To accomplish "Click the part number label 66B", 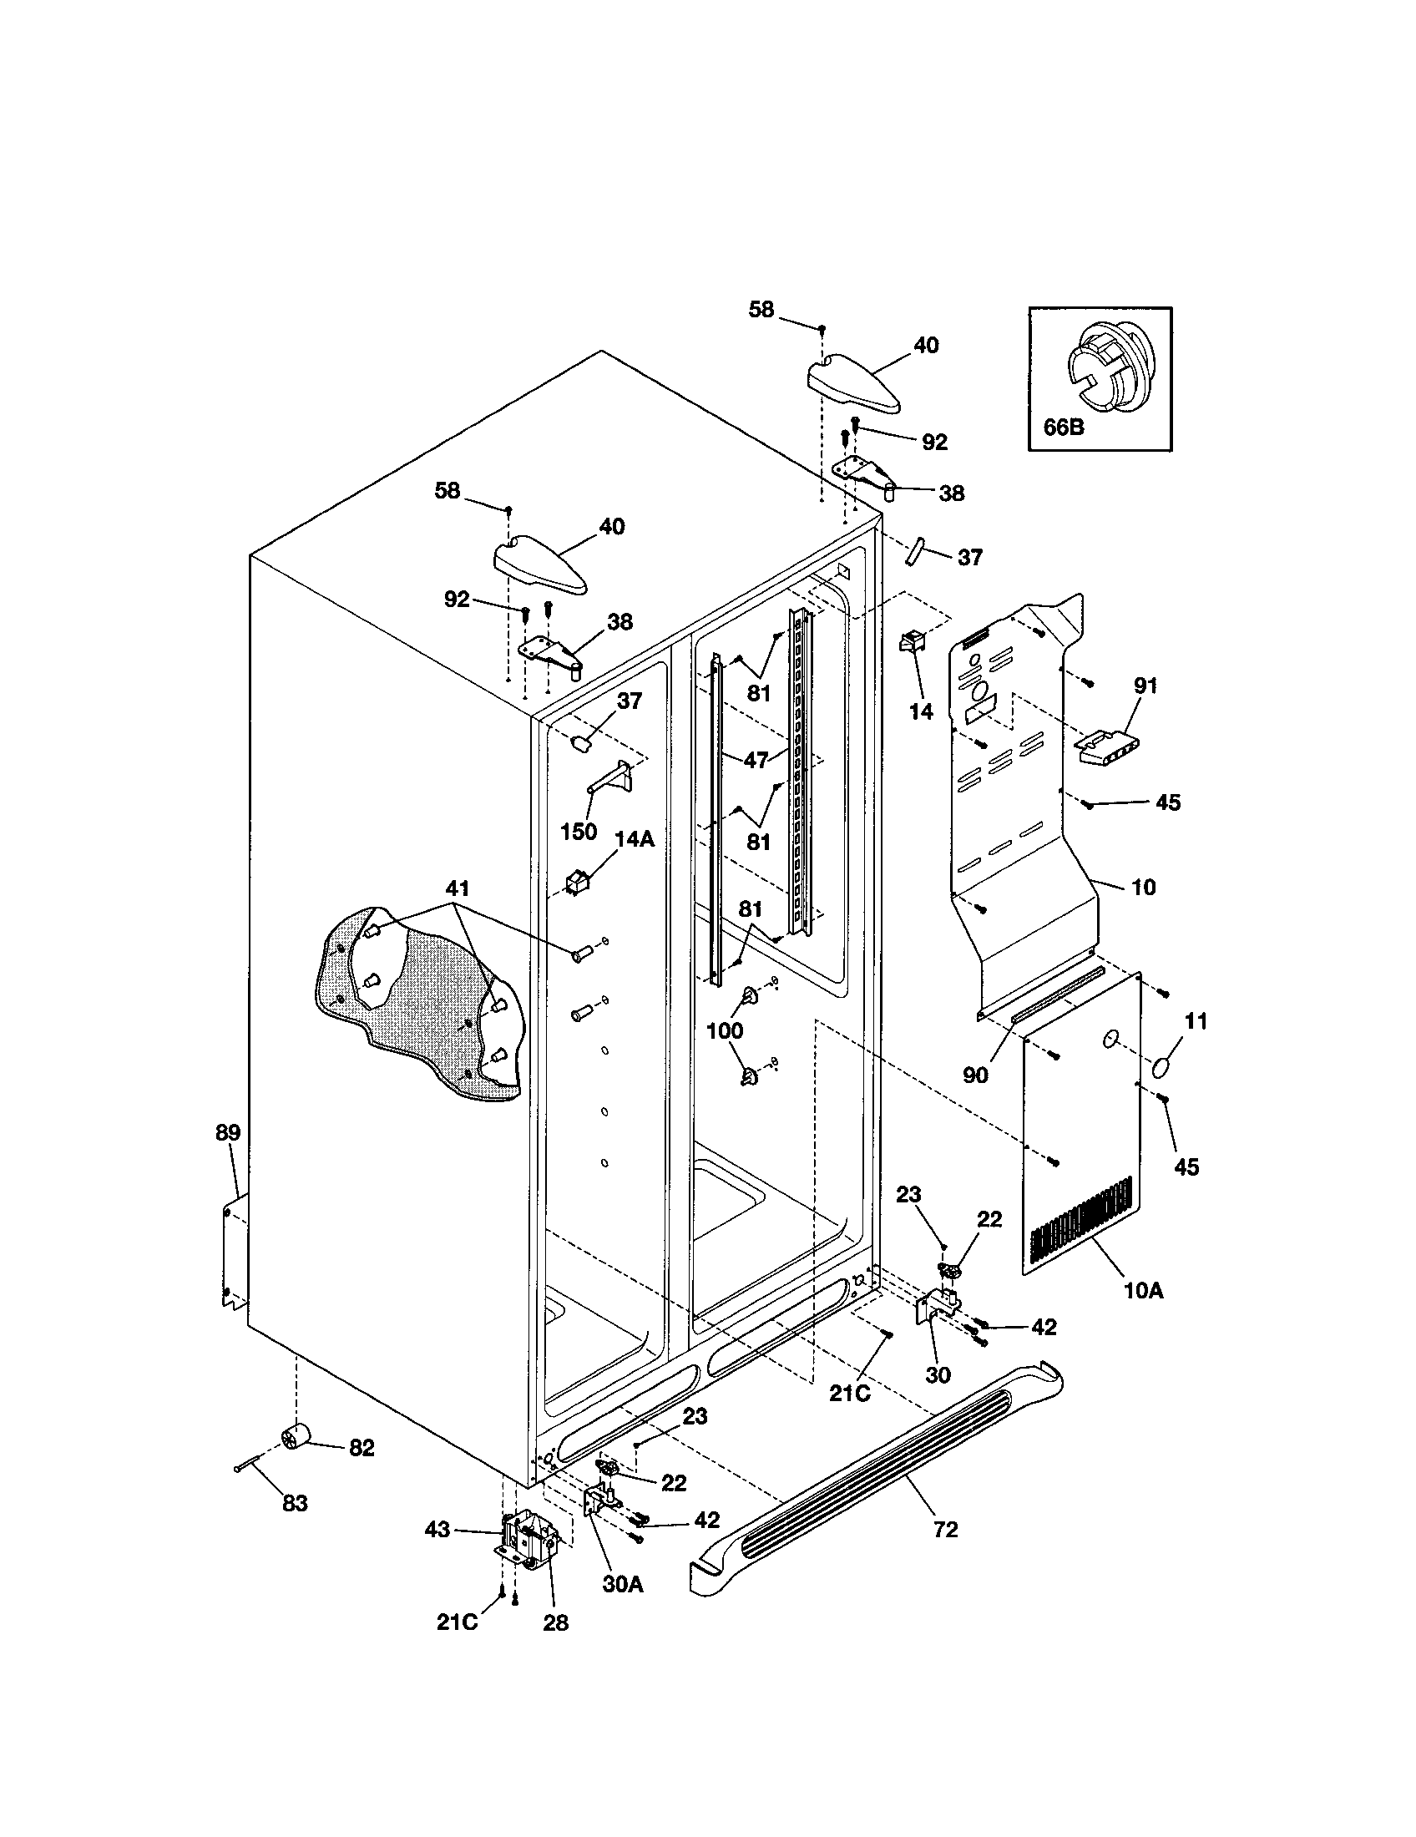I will coord(1063,428).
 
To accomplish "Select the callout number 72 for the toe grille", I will coord(945,1530).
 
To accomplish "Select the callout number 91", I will coord(1145,686).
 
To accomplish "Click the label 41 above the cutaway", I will coord(458,888).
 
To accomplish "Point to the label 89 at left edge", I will coord(227,1132).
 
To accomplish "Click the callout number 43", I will coord(438,1529).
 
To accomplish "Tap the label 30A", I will coord(622,1584).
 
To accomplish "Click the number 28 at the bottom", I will coord(555,1622).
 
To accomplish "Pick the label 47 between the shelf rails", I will coord(756,760).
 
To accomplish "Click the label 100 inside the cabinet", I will coord(724,1030).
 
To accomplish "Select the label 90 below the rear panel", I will coord(974,1075).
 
